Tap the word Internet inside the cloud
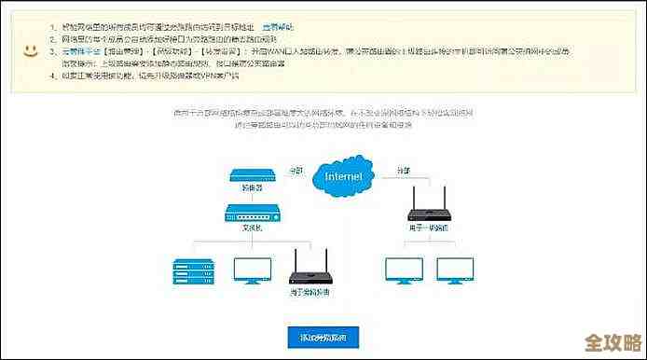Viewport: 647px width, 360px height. pos(343,174)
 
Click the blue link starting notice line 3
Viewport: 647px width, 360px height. pos(78,52)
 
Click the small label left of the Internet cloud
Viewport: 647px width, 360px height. pos(296,170)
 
